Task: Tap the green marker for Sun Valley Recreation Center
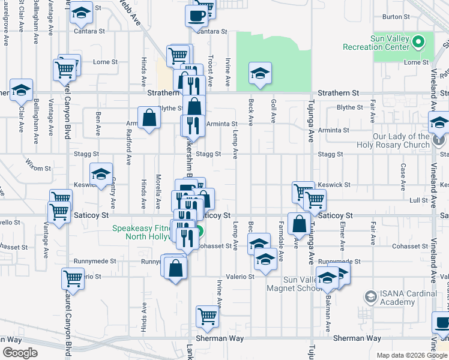420,42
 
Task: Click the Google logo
20,353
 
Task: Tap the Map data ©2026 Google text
411,355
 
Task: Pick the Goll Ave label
273,112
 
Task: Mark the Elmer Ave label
342,232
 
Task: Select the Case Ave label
403,175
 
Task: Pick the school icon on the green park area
259,73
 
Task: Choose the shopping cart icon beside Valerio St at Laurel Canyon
73,277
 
